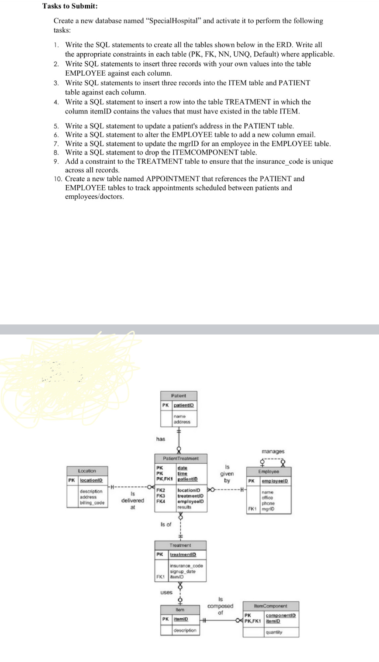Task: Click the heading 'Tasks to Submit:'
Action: tap(64, 6)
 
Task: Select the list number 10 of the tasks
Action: tap(57, 179)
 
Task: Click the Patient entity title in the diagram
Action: tap(178, 396)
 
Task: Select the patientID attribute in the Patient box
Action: tap(184, 405)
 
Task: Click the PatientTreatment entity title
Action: tap(180, 459)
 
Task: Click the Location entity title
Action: tap(87, 471)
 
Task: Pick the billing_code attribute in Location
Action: tap(90, 503)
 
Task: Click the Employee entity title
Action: tap(269, 472)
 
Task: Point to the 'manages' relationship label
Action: tap(273, 451)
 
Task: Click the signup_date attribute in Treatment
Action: tap(183, 572)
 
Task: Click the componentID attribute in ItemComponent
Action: tap(281, 615)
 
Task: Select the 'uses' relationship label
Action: tap(166, 593)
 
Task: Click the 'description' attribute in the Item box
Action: tap(185, 631)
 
